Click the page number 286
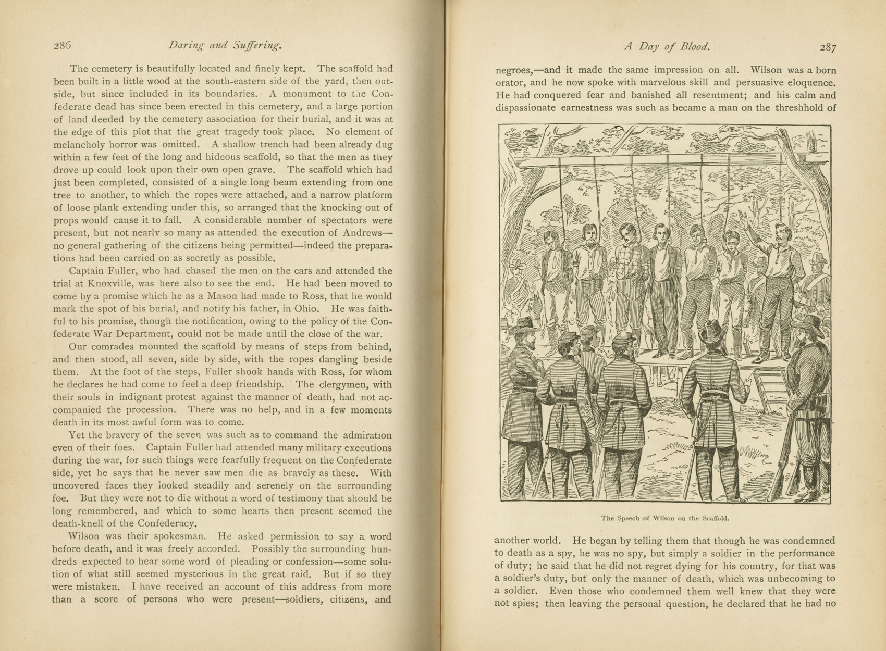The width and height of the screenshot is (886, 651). (x=62, y=45)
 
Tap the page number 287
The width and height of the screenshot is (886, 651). (x=828, y=47)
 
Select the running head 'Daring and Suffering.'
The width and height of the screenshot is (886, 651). (x=225, y=45)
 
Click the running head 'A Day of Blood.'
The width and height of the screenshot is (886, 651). (x=667, y=47)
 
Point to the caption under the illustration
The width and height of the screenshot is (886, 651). (x=664, y=518)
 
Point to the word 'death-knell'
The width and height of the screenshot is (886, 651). (x=81, y=523)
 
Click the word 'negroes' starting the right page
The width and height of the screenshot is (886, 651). (x=513, y=70)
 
